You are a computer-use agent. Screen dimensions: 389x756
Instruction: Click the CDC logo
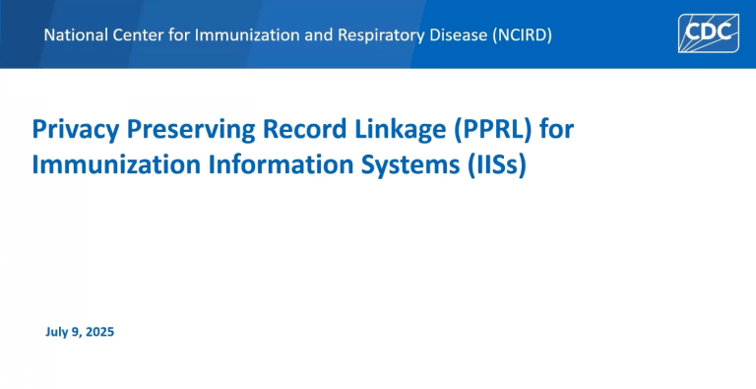pos(708,33)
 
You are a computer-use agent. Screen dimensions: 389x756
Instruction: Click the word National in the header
pos(77,35)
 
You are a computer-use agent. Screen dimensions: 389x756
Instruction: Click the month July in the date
pos(57,332)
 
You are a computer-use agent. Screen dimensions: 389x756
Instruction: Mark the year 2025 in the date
pos(98,332)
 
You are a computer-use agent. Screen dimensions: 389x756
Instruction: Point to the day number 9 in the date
pos(75,332)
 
